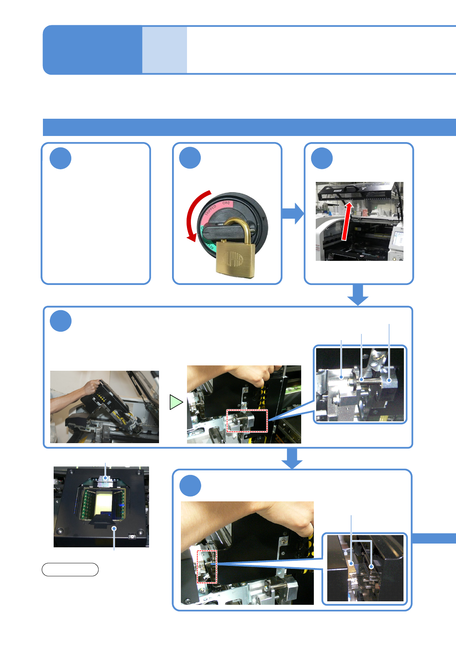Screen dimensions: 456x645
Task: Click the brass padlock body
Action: tap(235, 257)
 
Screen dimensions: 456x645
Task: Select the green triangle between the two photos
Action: tap(175, 402)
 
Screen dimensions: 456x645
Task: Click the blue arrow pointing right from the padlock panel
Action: tap(293, 213)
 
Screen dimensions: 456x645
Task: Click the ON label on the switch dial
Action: tap(226, 203)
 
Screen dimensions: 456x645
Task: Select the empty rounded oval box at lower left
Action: tap(70, 570)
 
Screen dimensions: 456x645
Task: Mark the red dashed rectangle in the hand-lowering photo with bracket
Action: tap(247, 421)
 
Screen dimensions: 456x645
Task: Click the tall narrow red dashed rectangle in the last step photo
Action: tap(207, 567)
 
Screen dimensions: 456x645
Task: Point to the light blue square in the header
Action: tap(164, 50)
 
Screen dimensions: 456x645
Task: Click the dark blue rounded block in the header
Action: tap(92, 50)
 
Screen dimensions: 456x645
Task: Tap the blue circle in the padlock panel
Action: tap(190, 158)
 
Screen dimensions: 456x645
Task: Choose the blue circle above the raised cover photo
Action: tap(321, 158)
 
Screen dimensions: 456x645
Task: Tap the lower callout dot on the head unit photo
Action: tap(114, 529)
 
